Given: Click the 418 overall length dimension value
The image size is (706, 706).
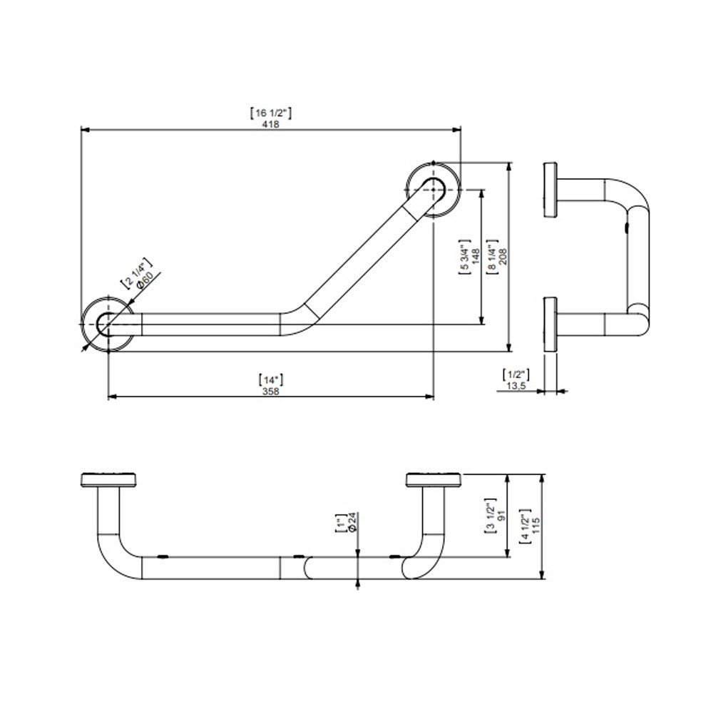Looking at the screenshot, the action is coord(270,124).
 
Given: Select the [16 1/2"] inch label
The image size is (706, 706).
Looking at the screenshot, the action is coord(270,113).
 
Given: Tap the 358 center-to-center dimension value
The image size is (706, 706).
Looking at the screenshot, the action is coord(270,391).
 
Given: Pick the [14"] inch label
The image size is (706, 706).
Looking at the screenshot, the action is coord(271,379).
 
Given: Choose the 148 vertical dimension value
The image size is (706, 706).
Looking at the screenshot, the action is coord(476,256).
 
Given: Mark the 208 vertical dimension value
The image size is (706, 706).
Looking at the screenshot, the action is coord(503,256).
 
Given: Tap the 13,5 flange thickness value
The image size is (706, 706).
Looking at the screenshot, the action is coord(516,386).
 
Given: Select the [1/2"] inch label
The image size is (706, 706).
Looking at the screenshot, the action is coord(516,374).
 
